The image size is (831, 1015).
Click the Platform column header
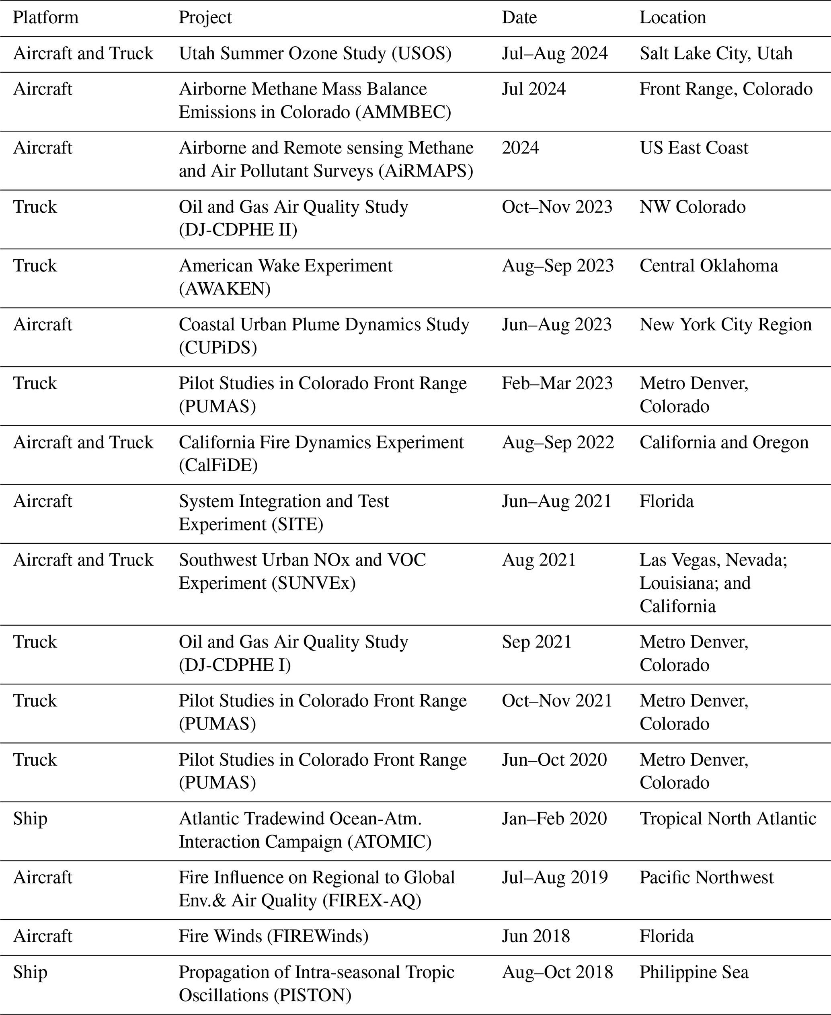(x=45, y=18)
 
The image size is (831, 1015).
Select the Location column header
(x=673, y=18)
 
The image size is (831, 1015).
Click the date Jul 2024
(x=534, y=89)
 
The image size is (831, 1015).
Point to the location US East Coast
(x=694, y=148)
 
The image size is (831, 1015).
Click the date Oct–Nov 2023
(x=557, y=207)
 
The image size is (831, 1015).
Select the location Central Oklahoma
(x=708, y=266)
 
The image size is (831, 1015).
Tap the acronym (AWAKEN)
(x=224, y=289)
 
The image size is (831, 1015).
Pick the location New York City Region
(x=725, y=325)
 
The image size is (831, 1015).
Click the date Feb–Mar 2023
(x=557, y=384)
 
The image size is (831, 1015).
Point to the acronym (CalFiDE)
(x=218, y=465)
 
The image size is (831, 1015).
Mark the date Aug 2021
(x=539, y=560)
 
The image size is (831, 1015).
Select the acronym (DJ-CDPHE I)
(x=234, y=665)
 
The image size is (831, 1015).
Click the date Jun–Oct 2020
(x=554, y=760)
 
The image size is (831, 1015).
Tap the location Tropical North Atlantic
(x=728, y=819)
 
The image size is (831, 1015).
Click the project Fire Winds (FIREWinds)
(x=273, y=937)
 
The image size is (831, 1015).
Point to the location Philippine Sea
(x=694, y=972)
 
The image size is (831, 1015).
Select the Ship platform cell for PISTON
(x=30, y=972)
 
